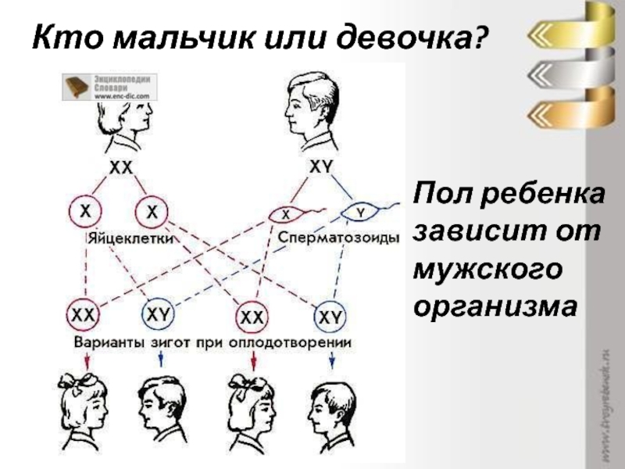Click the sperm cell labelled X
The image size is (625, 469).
pos(286,213)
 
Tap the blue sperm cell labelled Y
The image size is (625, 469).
pos(359,211)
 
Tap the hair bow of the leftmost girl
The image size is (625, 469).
pos(83,381)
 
